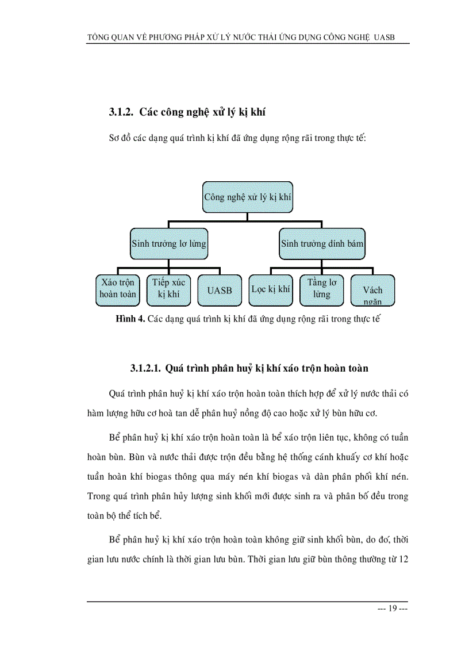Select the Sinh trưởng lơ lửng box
[168, 243]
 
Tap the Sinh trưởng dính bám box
[322, 243]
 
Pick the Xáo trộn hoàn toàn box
[117, 289]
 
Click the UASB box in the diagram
[219, 290]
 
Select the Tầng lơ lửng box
[322, 289]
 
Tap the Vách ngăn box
[372, 290]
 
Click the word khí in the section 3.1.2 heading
[256, 113]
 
